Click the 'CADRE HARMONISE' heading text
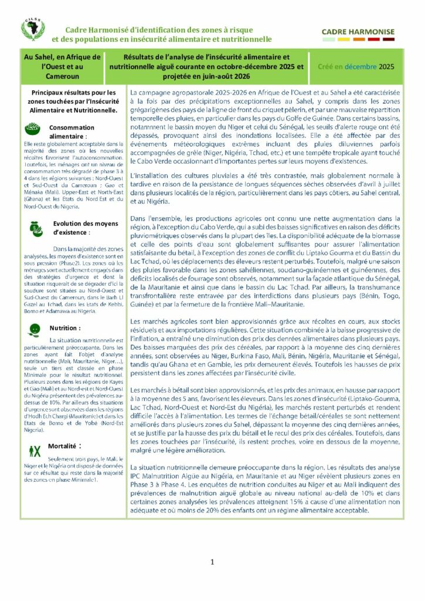[358, 32]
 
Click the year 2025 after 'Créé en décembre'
[386, 67]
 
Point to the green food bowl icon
[33, 128]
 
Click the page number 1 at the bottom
[212, 562]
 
